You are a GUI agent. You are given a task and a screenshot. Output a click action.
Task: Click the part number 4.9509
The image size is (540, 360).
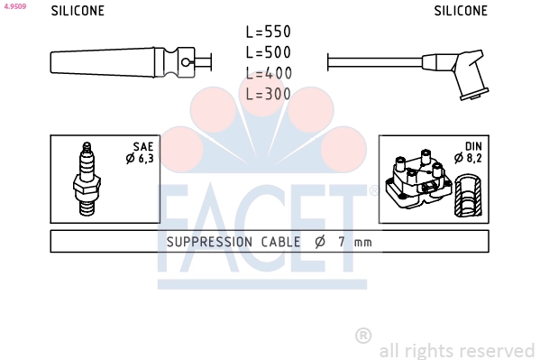coord(14,6)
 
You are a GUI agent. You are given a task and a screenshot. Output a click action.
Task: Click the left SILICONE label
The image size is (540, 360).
coord(78,11)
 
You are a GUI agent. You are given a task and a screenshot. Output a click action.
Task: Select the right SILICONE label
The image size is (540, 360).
coord(461,11)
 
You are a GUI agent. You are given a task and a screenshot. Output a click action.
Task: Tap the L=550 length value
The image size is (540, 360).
coord(269,32)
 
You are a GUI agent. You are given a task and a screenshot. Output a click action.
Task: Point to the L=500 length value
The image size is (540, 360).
coord(269,52)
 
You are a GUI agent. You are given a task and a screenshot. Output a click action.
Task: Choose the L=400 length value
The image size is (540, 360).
coord(269,73)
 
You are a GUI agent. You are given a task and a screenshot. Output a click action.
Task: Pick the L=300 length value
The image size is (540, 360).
coord(269,94)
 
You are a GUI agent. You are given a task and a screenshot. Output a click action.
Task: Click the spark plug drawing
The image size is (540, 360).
coord(87,179)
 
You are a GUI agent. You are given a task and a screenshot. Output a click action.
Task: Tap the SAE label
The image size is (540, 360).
coord(143,147)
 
